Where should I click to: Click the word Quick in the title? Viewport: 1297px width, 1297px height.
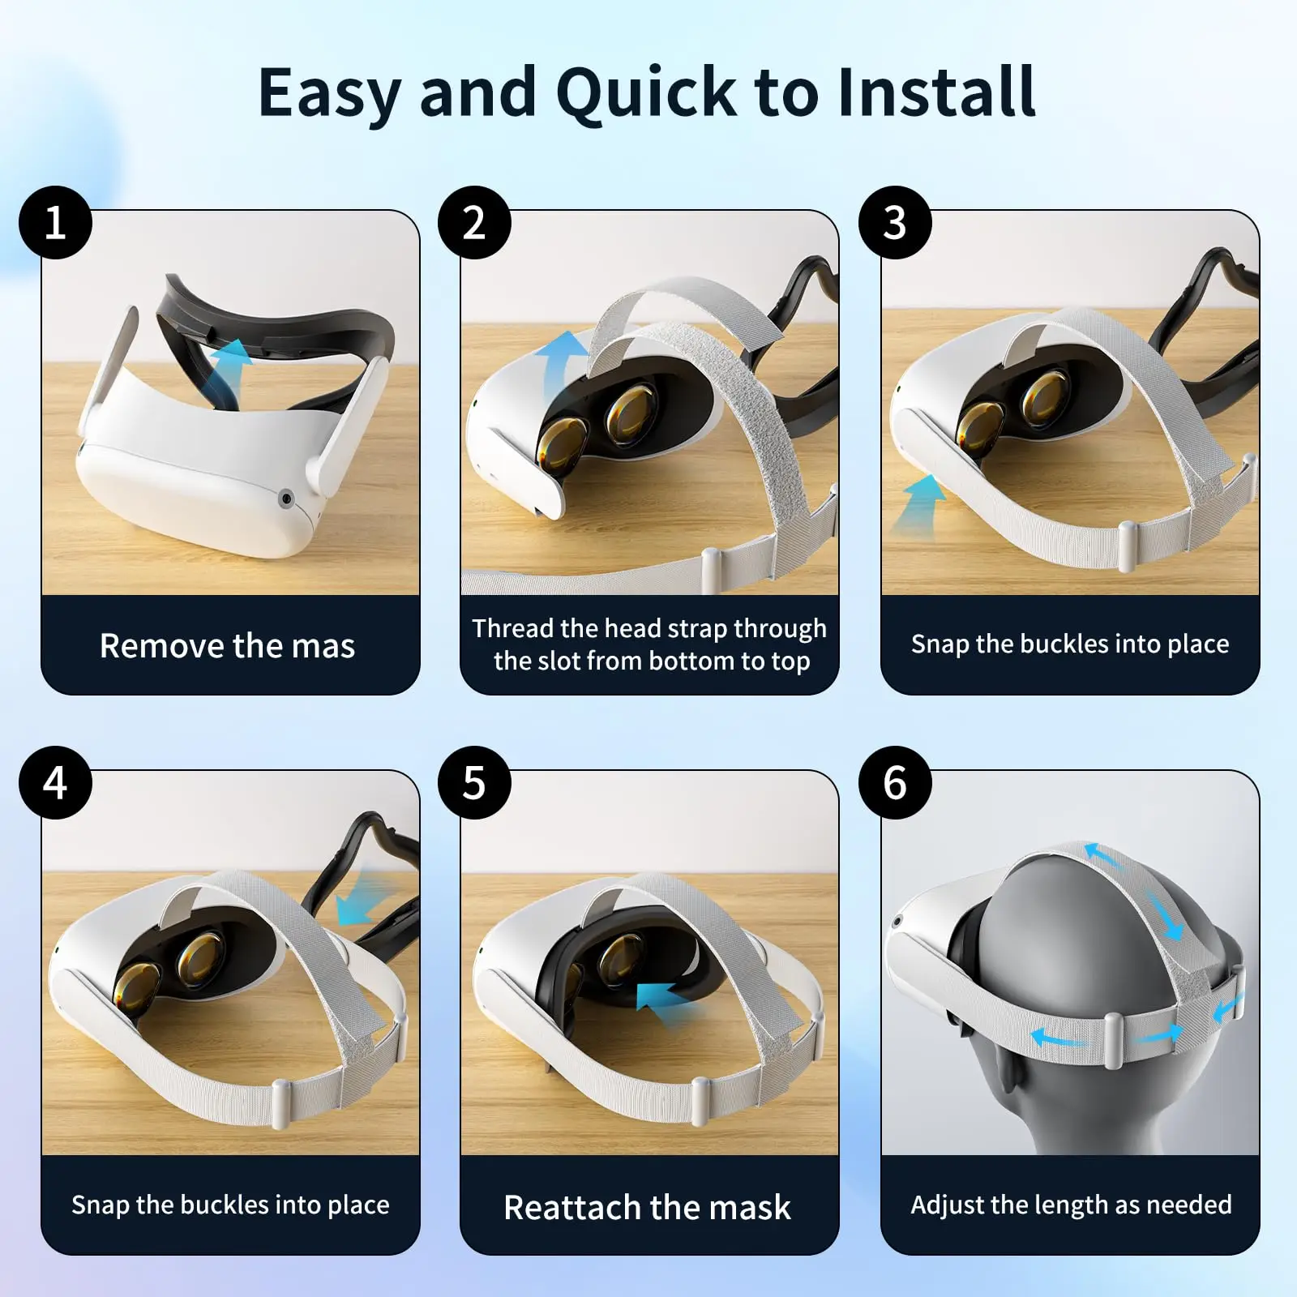pyautogui.click(x=645, y=93)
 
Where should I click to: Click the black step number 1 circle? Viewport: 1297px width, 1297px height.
pyautogui.click(x=55, y=222)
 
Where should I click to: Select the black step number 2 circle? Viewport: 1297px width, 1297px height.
pyautogui.click(x=474, y=222)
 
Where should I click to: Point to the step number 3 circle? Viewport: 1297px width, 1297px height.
pyautogui.click(x=894, y=222)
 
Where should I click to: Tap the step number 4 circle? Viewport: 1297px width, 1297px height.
pyautogui.click(x=55, y=783)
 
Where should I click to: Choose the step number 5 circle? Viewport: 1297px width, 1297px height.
pyautogui.click(x=474, y=783)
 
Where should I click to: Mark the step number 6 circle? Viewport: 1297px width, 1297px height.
pyautogui.click(x=894, y=783)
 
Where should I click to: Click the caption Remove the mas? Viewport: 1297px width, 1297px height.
pyautogui.click(x=228, y=646)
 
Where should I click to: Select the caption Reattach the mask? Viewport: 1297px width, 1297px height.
pyautogui.click(x=647, y=1207)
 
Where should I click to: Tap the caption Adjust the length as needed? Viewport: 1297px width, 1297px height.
pyautogui.click(x=1071, y=1205)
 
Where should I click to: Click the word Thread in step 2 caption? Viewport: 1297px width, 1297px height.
pyautogui.click(x=512, y=628)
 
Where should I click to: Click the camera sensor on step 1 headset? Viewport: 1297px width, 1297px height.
pyautogui.click(x=285, y=499)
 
